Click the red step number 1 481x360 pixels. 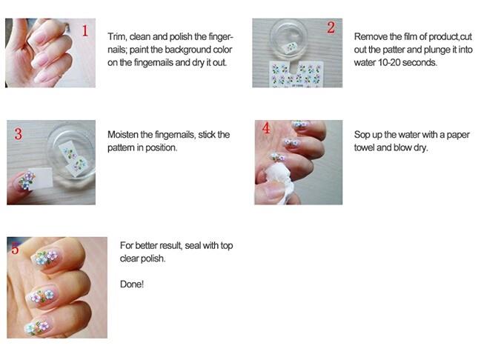85,30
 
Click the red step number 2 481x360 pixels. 331,28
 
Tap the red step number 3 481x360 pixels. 18,134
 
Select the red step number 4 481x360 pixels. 265,128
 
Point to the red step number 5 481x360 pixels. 15,249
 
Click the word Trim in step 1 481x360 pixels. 117,36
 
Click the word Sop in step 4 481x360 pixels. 362,134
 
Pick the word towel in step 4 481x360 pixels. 367,147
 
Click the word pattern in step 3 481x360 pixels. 123,147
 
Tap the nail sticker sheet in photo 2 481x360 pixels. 297,73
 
